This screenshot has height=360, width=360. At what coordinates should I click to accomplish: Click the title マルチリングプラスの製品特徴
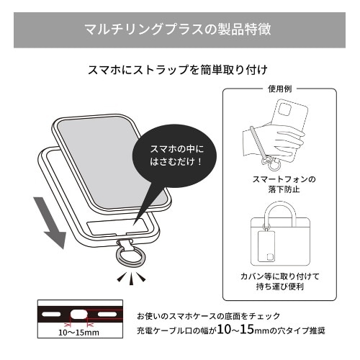coord(178,30)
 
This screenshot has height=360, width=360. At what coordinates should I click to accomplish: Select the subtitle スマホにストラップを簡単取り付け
coord(178,70)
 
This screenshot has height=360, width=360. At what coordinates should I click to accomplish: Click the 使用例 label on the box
coord(279,89)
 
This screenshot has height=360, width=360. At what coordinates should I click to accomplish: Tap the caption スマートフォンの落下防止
coord(284,184)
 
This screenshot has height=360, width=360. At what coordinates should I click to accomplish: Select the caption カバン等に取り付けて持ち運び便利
coord(280,282)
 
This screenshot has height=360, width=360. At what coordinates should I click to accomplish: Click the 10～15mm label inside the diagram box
coord(79,333)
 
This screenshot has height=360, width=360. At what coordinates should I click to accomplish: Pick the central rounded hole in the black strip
coord(78,315)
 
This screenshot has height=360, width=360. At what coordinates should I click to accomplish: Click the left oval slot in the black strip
coord(51,314)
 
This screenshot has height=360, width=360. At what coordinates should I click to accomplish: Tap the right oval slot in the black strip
coord(107,314)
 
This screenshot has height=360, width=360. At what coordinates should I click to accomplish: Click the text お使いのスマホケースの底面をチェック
coord(208,316)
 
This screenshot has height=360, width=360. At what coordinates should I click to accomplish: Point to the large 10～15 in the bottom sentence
coord(235,330)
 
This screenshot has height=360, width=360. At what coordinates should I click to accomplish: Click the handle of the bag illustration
coord(280,211)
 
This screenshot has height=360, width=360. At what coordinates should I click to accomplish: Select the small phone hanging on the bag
coord(266,247)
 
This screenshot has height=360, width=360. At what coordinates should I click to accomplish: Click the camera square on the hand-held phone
coord(284,109)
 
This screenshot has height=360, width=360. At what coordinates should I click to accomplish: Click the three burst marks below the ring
coord(131,278)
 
